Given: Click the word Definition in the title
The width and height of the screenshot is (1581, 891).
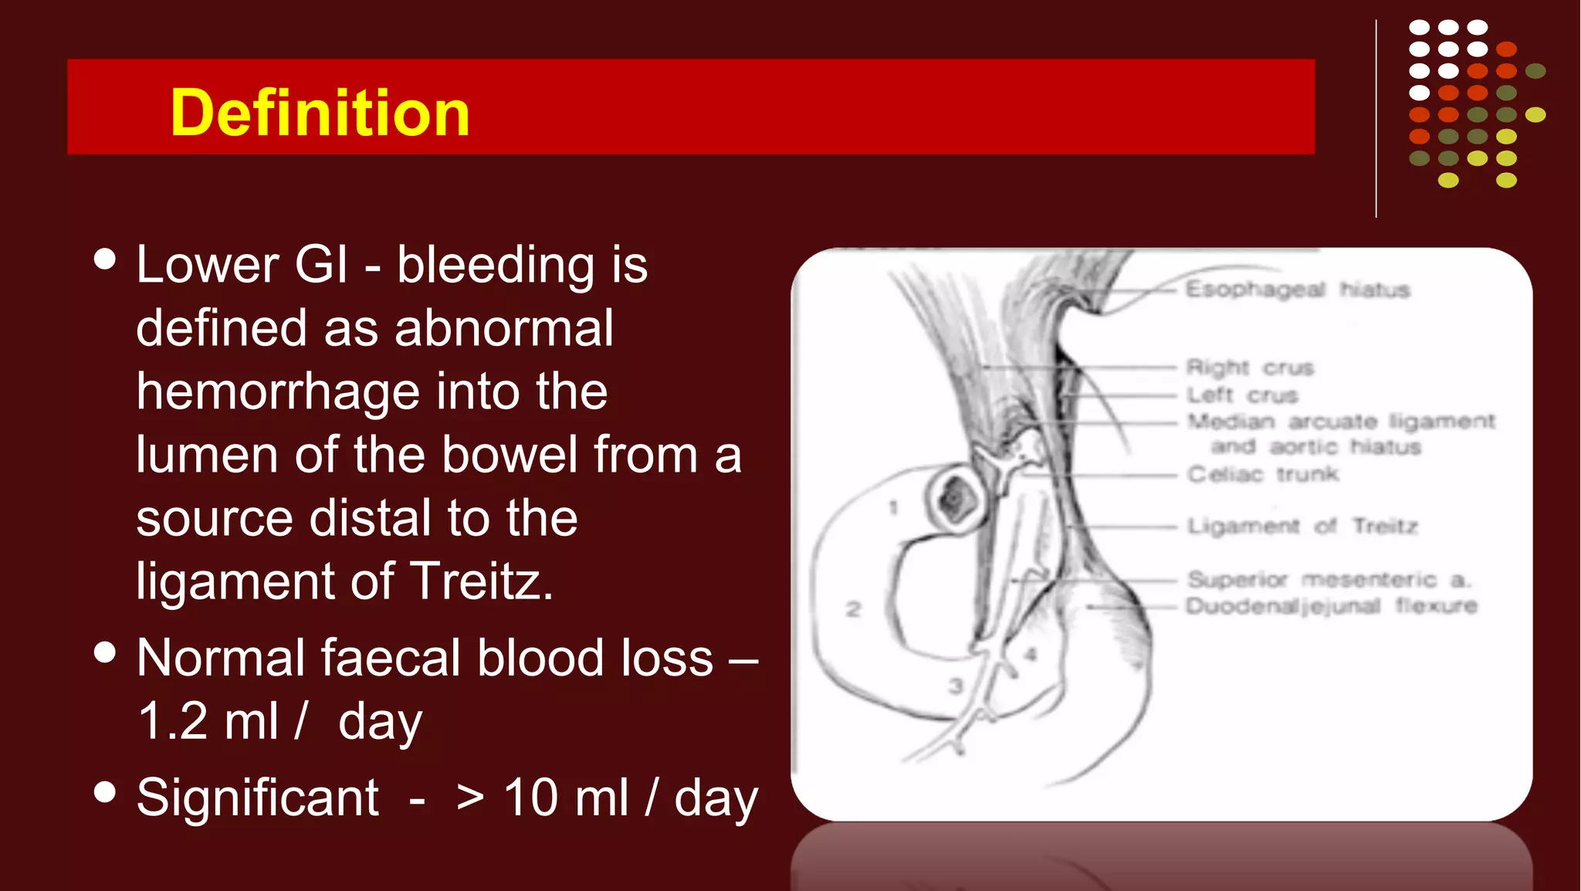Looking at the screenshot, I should point(320,113).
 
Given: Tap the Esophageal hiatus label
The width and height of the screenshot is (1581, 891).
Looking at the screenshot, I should point(1298,290).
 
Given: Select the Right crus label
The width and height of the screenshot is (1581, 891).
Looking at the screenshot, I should point(1250,368).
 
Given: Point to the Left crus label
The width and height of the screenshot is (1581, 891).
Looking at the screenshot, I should point(1242,395).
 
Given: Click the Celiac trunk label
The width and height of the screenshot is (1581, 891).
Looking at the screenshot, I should point(1263,473).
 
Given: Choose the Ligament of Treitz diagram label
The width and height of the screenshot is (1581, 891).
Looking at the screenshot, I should point(1302,527).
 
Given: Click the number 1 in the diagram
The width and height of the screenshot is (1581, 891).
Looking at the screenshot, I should point(893,508).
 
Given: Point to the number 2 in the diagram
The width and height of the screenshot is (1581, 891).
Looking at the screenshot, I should point(853,609).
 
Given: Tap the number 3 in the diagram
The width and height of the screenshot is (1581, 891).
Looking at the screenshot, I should point(956,685).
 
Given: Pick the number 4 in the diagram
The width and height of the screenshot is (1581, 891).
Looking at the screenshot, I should point(1031,656).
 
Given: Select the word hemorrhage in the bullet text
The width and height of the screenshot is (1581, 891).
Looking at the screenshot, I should point(278,391).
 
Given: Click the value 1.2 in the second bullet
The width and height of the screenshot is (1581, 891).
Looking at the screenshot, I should point(173,721).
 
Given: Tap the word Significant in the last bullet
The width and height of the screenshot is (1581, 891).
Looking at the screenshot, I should point(258,798).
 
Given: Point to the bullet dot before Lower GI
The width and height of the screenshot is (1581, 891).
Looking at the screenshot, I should point(104,259).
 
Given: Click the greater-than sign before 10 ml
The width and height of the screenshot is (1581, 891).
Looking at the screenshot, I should point(470,798).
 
